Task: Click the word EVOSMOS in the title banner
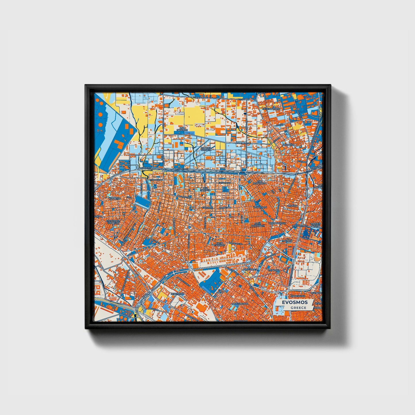pyautogui.click(x=295, y=302)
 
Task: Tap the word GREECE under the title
pyautogui.click(x=298, y=308)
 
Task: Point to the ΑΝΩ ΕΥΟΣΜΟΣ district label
pyautogui.click(x=182, y=129)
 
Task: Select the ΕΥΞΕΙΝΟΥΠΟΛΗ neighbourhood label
pyautogui.click(x=271, y=109)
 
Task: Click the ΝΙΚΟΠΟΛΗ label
pyautogui.click(x=288, y=145)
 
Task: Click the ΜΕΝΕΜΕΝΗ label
pyautogui.click(x=177, y=294)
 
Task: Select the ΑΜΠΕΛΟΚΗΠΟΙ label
pyautogui.click(x=240, y=303)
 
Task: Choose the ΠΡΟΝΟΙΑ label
pyautogui.click(x=287, y=241)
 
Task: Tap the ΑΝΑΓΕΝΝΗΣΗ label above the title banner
pyautogui.click(x=297, y=296)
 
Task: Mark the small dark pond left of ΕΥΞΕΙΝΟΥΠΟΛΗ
pyautogui.click(x=245, y=114)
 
